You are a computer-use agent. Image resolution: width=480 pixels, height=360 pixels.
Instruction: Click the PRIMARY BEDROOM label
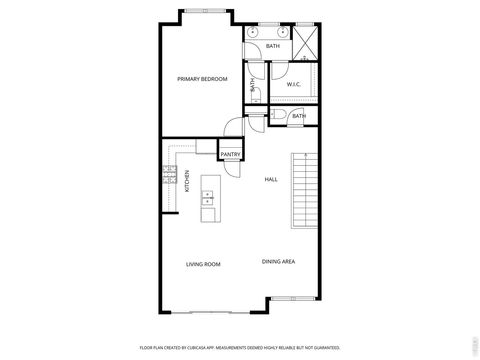click(202, 79)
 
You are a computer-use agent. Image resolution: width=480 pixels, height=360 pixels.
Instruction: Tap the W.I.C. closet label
click(294, 85)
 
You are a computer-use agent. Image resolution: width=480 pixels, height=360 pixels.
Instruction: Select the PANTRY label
click(230, 154)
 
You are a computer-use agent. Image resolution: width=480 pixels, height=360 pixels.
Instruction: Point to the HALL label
click(271, 179)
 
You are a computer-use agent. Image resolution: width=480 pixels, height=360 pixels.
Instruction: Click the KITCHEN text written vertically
click(186, 181)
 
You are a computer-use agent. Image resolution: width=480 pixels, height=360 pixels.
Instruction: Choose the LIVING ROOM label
click(203, 264)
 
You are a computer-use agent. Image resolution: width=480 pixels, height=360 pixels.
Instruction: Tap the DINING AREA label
click(278, 262)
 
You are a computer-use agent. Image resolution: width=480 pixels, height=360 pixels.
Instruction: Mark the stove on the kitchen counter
click(167, 179)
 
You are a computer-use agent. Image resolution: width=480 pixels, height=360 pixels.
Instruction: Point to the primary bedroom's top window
click(207, 11)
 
